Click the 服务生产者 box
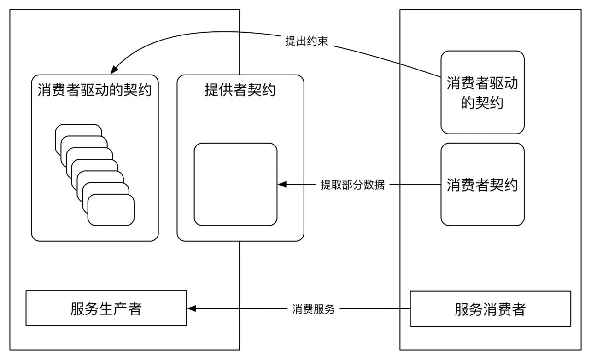[106, 308]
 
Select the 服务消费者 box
[490, 309]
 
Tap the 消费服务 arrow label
[313, 309]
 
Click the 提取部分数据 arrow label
[352, 185]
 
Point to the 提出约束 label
[306, 41]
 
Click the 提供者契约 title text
[240, 89]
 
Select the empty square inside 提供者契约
[235, 184]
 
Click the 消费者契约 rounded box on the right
[482, 184]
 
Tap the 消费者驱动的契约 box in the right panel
[482, 92]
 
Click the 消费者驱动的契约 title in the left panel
[94, 89]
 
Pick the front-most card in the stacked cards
[111, 210]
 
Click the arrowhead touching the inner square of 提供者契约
[282, 185]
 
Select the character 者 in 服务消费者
[518, 309]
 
